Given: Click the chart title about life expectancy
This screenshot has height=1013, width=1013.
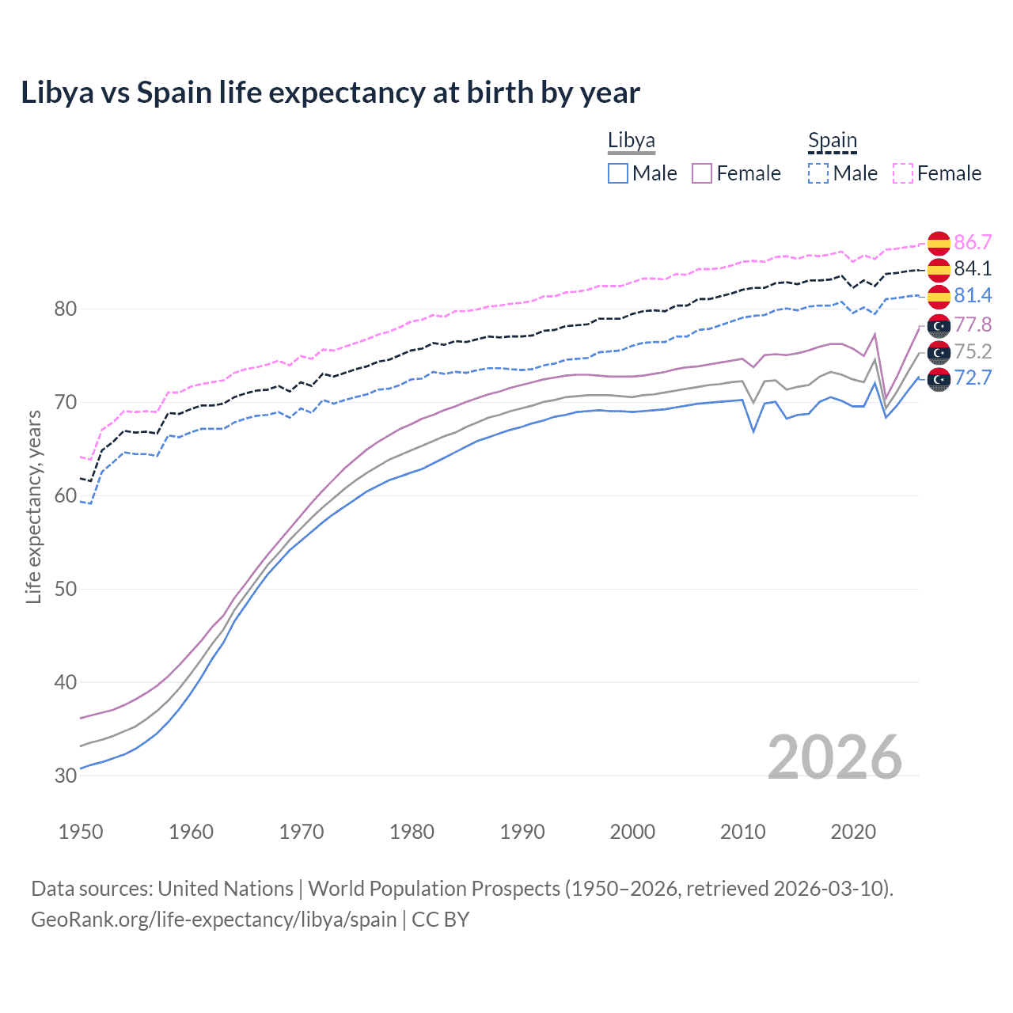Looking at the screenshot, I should click(x=330, y=93).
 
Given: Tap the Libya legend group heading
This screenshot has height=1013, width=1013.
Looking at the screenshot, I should click(x=631, y=141).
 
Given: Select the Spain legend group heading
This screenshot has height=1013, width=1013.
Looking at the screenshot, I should click(x=832, y=141).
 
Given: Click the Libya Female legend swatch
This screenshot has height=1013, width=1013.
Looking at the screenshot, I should click(x=702, y=173).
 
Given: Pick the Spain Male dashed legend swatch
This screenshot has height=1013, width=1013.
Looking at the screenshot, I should click(x=818, y=173).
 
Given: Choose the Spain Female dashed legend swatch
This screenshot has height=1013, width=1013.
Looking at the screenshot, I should click(x=903, y=173).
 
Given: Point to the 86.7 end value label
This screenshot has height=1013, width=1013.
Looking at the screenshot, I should click(x=973, y=242).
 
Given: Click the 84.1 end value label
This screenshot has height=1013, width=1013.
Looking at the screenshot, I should click(x=973, y=268).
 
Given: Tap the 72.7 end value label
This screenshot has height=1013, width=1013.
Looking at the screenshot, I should click(x=973, y=378).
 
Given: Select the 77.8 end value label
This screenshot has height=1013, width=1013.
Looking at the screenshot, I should click(x=973, y=324).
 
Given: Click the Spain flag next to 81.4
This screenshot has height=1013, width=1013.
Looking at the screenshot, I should click(x=939, y=296).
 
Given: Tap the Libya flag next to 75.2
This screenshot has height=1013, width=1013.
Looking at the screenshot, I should click(x=939, y=352).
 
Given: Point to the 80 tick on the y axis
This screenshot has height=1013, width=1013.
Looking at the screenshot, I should click(x=66, y=309).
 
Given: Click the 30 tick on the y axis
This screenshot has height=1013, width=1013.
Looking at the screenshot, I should click(x=66, y=776).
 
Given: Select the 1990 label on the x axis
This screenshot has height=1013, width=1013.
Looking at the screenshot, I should click(x=522, y=832).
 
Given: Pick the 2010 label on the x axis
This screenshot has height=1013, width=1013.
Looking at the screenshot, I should click(x=742, y=832).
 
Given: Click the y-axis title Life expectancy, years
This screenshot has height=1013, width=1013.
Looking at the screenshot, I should click(x=33, y=506).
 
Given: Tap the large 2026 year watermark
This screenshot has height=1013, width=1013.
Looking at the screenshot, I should click(x=834, y=757).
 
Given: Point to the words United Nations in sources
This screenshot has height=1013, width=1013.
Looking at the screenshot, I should click(x=226, y=889).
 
